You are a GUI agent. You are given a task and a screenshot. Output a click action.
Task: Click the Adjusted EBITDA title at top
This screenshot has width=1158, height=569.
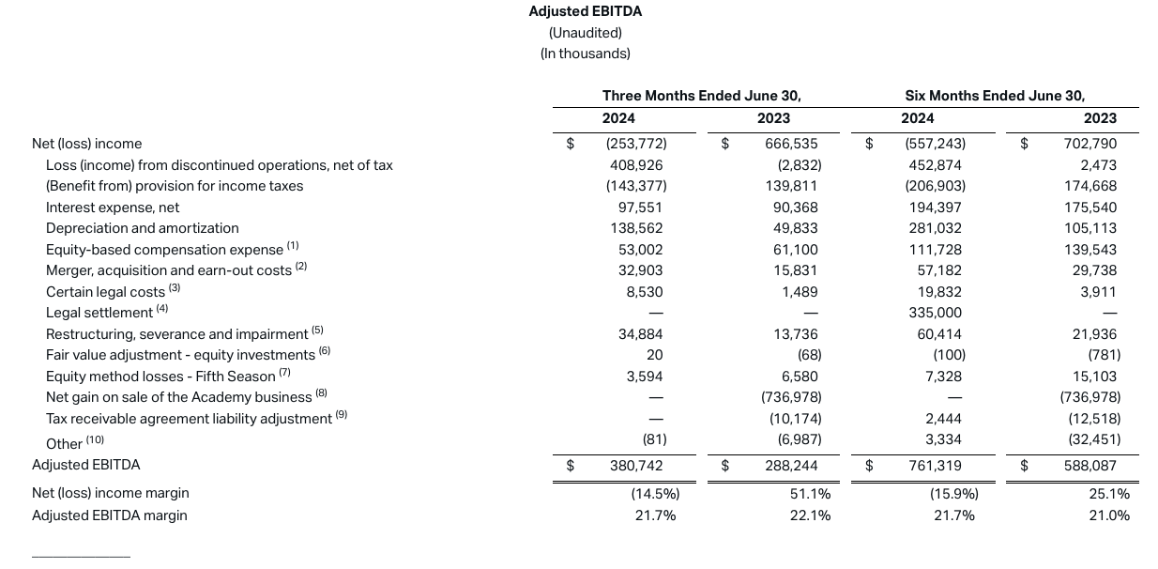pyautogui.click(x=585, y=11)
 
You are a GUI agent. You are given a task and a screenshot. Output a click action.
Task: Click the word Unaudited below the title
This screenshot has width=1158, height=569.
pyautogui.click(x=585, y=33)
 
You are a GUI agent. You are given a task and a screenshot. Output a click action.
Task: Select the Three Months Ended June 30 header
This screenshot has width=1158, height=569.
pyautogui.click(x=701, y=96)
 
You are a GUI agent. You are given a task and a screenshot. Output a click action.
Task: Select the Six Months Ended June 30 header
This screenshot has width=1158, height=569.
pyautogui.click(x=995, y=96)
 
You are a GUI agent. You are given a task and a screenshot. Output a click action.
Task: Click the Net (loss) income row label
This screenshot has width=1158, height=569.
pyautogui.click(x=87, y=144)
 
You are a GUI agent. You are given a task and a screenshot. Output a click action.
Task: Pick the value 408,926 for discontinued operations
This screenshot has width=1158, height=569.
pyautogui.click(x=637, y=165)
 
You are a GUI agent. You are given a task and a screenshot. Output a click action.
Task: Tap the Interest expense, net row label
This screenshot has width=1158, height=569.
pyautogui.click(x=113, y=208)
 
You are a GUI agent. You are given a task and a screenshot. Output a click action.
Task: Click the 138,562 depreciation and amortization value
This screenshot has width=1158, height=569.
pyautogui.click(x=637, y=228)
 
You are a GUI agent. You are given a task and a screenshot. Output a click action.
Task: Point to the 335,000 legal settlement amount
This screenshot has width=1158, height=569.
pyautogui.click(x=936, y=313)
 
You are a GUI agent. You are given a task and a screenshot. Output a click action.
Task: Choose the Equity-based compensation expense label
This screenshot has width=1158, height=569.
pyautogui.click(x=164, y=250)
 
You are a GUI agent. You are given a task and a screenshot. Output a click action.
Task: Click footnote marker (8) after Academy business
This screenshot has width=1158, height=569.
pyautogui.click(x=321, y=395)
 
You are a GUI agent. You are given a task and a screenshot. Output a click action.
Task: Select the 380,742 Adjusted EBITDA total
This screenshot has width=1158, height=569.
pyautogui.click(x=636, y=466)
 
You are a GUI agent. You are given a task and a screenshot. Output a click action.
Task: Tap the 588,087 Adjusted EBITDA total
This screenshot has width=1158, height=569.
pyautogui.click(x=1090, y=466)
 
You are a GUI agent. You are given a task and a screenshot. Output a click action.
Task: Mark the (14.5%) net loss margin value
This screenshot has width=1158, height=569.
pyautogui.click(x=655, y=494)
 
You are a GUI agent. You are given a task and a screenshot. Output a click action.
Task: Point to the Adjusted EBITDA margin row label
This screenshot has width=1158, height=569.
pyautogui.click(x=110, y=515)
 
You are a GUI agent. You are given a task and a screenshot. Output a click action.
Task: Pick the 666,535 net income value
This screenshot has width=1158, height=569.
pyautogui.click(x=791, y=144)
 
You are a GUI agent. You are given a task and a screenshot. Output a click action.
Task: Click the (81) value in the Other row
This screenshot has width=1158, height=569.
pyautogui.click(x=654, y=439)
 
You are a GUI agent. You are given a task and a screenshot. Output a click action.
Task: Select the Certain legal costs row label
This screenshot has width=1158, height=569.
pyautogui.click(x=105, y=292)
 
